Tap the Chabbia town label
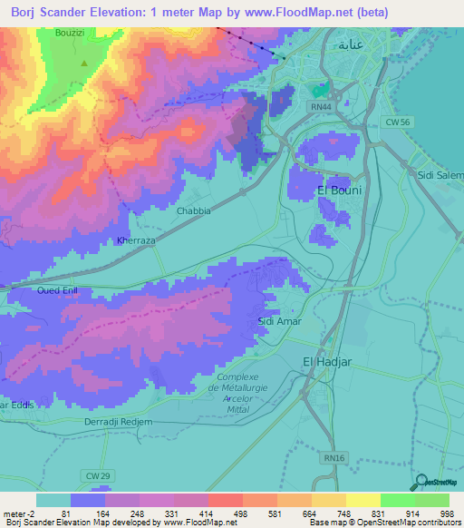tap(192, 210)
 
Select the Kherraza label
tap(137, 241)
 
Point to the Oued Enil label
tap(56, 290)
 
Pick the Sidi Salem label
tap(440, 173)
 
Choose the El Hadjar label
tap(325, 361)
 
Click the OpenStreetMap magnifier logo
tap(421, 482)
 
